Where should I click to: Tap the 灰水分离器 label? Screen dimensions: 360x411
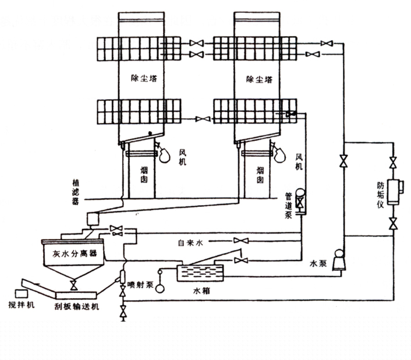pos(72,255)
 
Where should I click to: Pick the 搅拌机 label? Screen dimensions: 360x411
pos(22,305)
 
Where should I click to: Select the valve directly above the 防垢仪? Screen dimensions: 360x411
pos(394,161)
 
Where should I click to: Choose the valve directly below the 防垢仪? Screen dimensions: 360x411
pos(394,223)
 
